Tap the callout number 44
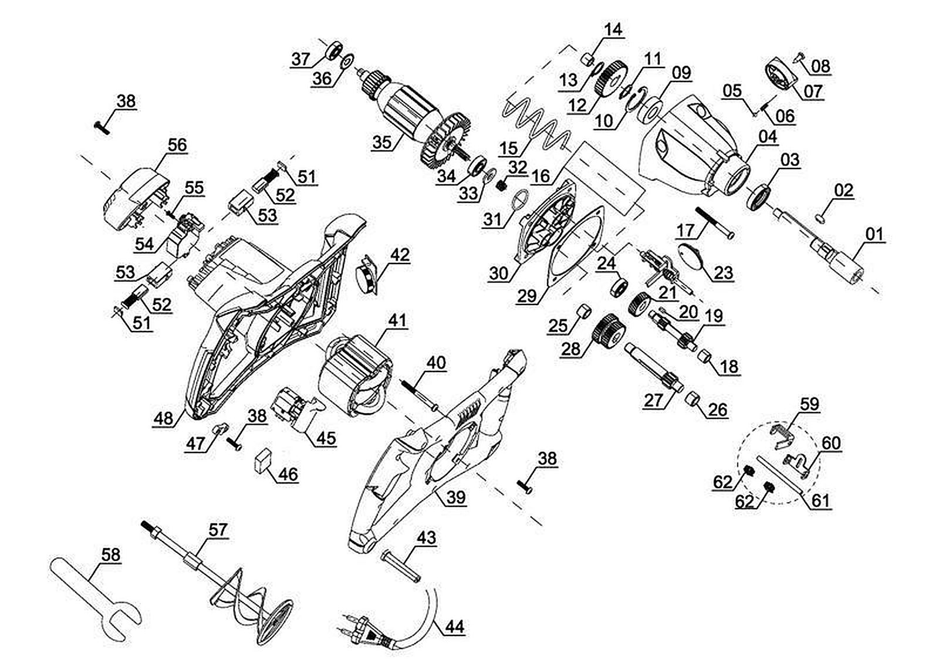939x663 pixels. click(x=454, y=626)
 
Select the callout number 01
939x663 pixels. click(x=874, y=235)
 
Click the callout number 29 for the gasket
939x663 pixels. click(x=526, y=295)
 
